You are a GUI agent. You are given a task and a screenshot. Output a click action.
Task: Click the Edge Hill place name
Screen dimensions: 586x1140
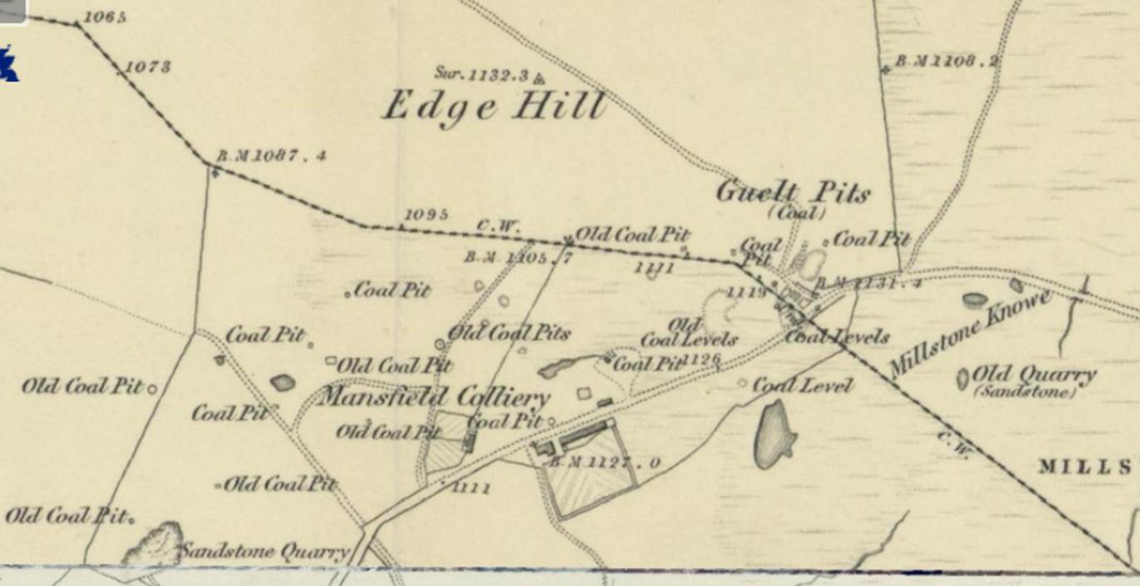tap(494, 107)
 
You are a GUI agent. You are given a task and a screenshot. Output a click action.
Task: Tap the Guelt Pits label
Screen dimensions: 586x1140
tap(793, 193)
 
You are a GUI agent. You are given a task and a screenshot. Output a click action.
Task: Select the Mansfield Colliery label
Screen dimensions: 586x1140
tap(434, 396)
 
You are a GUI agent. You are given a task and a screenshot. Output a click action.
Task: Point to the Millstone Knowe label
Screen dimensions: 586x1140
tap(970, 334)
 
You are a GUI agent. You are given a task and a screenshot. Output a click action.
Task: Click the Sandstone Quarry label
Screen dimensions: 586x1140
tap(264, 551)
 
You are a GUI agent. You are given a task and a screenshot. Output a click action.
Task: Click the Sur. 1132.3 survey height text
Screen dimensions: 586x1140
tap(482, 75)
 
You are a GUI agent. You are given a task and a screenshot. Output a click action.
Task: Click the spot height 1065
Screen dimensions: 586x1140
tap(105, 17)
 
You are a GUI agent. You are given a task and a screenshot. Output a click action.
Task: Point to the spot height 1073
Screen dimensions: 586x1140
tap(148, 67)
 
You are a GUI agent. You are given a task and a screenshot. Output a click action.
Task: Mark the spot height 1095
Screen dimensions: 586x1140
tap(426, 214)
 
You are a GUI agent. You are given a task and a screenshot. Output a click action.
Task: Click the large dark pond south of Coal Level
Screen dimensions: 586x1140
tap(774, 434)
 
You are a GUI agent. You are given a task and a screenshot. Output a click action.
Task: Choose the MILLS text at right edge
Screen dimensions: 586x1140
tap(1085, 466)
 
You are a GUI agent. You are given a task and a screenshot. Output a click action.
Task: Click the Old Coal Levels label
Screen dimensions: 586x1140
tap(689, 332)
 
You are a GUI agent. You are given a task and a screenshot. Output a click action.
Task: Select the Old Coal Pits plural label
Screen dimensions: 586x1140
tap(509, 333)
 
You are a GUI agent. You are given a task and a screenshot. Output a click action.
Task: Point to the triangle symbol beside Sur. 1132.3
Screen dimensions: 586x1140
tap(539, 79)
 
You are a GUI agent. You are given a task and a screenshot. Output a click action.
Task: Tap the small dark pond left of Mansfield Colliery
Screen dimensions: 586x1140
tap(282, 382)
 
